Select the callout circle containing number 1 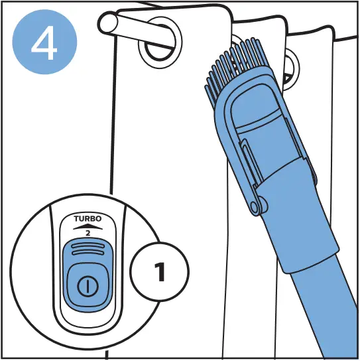click(x=160, y=273)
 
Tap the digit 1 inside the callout click(x=160, y=273)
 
